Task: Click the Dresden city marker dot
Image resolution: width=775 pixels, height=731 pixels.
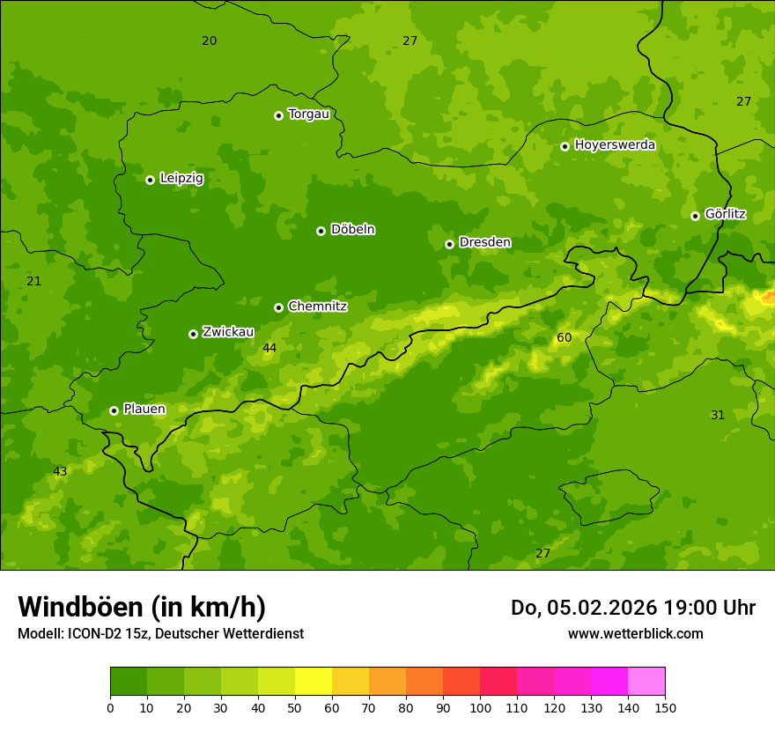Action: click(449, 244)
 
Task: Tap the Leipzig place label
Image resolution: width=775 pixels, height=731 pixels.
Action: click(181, 179)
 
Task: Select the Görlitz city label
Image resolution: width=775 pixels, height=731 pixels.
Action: click(725, 214)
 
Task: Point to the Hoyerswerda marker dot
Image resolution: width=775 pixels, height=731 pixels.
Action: click(565, 146)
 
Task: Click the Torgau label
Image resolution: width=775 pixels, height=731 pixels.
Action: click(308, 114)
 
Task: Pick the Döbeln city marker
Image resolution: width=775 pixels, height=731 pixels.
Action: click(321, 231)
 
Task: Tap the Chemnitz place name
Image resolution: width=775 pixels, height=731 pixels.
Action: click(317, 306)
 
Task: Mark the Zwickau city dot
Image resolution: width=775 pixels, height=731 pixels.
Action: click(193, 334)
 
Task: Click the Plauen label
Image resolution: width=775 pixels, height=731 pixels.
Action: click(144, 410)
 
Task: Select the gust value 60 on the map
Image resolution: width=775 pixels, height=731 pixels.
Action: click(564, 338)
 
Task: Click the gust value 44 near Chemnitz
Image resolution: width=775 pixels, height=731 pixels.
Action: click(269, 349)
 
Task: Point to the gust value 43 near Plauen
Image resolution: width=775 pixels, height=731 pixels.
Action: click(60, 472)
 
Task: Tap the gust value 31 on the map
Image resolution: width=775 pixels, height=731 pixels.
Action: click(718, 415)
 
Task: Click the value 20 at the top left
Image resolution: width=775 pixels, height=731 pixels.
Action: click(209, 41)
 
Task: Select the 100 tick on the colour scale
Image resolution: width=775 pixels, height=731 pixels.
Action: click(480, 706)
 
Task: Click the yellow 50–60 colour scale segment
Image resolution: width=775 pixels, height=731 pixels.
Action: click(314, 682)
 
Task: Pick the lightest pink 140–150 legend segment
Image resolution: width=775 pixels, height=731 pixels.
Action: click(646, 682)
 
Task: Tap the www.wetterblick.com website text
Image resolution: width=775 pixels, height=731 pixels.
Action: click(635, 633)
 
